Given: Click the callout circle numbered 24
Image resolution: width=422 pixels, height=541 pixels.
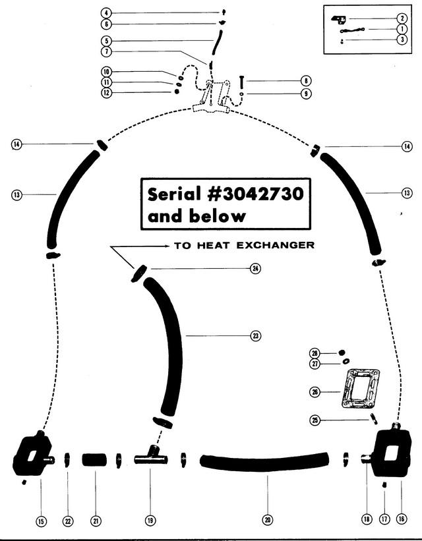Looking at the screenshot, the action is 255,268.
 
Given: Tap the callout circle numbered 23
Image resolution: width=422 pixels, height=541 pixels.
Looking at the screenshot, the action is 255,335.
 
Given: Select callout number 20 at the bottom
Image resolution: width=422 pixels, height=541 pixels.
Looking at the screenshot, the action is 267,520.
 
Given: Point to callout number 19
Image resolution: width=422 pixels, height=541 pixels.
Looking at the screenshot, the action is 150,520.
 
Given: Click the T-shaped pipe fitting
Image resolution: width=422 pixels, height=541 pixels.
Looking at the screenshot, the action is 151,457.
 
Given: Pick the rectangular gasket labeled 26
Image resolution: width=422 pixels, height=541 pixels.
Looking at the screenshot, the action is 360,389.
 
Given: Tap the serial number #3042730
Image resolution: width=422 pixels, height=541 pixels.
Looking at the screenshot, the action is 256,194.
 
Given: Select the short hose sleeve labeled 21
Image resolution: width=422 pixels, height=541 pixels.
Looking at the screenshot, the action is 95,459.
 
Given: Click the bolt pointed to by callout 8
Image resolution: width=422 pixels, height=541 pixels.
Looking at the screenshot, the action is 242,82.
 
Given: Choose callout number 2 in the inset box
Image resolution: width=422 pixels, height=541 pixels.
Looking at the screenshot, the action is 402,18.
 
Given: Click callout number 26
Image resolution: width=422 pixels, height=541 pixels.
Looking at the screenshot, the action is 315,392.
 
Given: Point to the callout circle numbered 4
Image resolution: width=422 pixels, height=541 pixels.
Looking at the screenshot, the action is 106,13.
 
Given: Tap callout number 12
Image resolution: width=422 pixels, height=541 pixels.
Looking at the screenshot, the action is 106,92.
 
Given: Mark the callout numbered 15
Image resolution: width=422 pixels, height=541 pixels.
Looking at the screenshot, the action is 41,521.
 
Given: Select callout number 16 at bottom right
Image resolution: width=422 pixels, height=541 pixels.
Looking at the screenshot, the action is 402,518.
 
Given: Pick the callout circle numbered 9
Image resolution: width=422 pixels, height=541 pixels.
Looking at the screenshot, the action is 306,94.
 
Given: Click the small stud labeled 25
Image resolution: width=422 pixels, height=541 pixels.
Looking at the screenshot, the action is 374,419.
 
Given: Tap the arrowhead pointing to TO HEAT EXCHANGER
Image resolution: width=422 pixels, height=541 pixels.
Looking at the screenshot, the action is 167,246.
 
